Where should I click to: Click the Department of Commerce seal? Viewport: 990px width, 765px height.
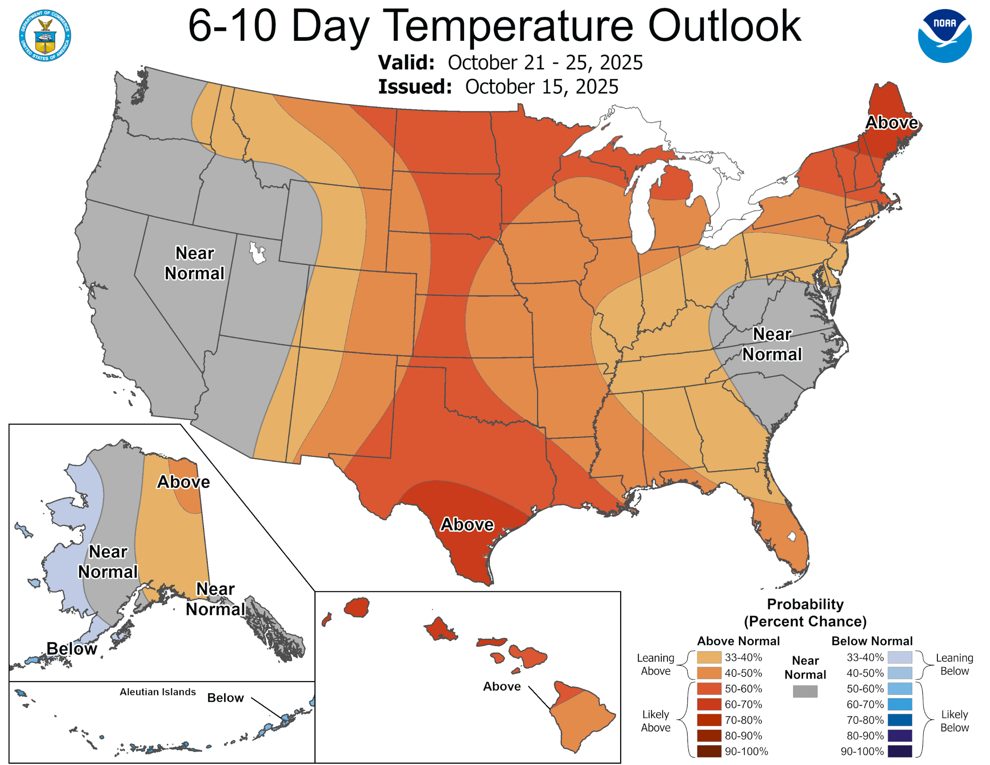[x=45, y=35]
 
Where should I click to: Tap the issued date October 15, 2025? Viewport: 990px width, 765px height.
[x=541, y=87]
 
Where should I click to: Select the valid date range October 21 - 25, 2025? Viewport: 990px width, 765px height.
[x=545, y=63]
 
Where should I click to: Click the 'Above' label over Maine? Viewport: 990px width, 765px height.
[x=891, y=122]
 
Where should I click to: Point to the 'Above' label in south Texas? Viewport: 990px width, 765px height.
[x=467, y=524]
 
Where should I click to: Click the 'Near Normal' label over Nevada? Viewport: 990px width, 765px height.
[x=194, y=263]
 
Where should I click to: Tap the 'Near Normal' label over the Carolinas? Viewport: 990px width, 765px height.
[x=771, y=344]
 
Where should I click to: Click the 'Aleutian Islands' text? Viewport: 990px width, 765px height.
[x=158, y=692]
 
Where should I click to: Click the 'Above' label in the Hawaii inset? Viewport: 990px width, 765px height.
[x=501, y=687]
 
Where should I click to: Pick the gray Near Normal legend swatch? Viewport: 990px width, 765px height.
[x=805, y=691]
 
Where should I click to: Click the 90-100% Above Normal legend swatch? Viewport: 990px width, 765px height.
[x=709, y=752]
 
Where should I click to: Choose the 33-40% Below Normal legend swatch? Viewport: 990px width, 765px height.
[x=899, y=657]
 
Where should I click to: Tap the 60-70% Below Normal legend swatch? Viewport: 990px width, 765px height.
[x=899, y=704]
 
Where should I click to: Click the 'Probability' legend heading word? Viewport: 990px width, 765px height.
[x=805, y=604]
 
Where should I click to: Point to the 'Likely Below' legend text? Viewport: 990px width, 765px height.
[x=954, y=721]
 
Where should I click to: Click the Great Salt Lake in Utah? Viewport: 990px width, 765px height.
[x=257, y=253]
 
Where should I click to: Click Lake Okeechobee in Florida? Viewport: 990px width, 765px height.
[x=792, y=537]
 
